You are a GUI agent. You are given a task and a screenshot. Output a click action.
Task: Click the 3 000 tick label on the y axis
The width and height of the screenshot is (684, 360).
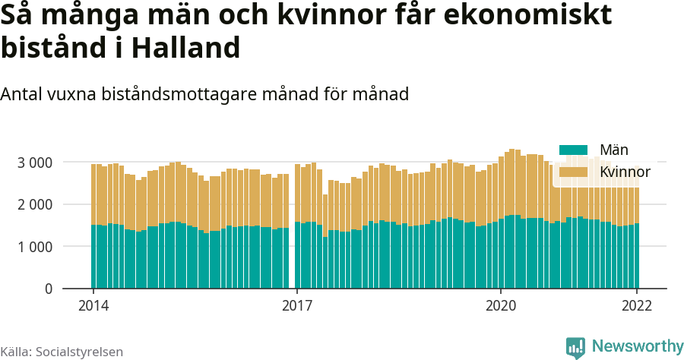tap(34, 163)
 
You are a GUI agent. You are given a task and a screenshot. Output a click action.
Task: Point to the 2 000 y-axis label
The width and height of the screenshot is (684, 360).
tap(34, 205)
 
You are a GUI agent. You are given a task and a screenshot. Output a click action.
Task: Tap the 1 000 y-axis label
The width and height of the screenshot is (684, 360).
tap(34, 247)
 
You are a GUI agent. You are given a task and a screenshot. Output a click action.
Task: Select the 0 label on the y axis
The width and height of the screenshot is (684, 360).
tap(48, 289)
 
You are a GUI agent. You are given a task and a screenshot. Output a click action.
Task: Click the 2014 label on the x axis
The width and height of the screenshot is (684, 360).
tap(93, 306)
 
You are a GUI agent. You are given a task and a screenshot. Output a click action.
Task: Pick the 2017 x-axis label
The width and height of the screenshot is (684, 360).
tap(297, 306)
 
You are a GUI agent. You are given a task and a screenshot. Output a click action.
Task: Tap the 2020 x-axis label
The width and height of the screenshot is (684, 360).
tap(501, 306)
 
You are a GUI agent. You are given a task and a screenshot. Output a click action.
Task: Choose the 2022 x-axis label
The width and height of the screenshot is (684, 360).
tap(637, 306)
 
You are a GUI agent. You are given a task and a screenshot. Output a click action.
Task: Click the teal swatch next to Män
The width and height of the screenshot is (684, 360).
tap(574, 150)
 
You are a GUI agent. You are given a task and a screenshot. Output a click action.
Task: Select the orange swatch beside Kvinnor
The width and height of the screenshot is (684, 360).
tap(574, 173)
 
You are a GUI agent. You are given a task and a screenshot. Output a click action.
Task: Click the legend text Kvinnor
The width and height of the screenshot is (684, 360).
tap(624, 173)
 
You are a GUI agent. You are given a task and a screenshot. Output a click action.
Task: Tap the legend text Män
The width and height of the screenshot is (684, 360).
tap(613, 150)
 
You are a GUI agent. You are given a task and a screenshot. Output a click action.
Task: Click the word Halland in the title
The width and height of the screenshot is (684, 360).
tap(186, 49)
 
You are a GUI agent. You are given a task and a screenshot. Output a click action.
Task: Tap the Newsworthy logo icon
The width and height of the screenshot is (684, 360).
tap(575, 347)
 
